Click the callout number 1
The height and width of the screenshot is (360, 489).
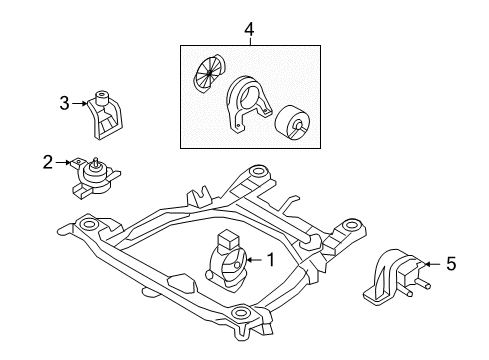click(269, 261)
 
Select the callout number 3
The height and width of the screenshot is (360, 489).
click(64, 101)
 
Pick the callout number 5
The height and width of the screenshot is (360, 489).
click(450, 265)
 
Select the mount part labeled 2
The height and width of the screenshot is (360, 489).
click(92, 178)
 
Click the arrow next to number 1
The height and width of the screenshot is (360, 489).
click(251, 261)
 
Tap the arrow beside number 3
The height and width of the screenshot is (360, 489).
click(80, 101)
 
